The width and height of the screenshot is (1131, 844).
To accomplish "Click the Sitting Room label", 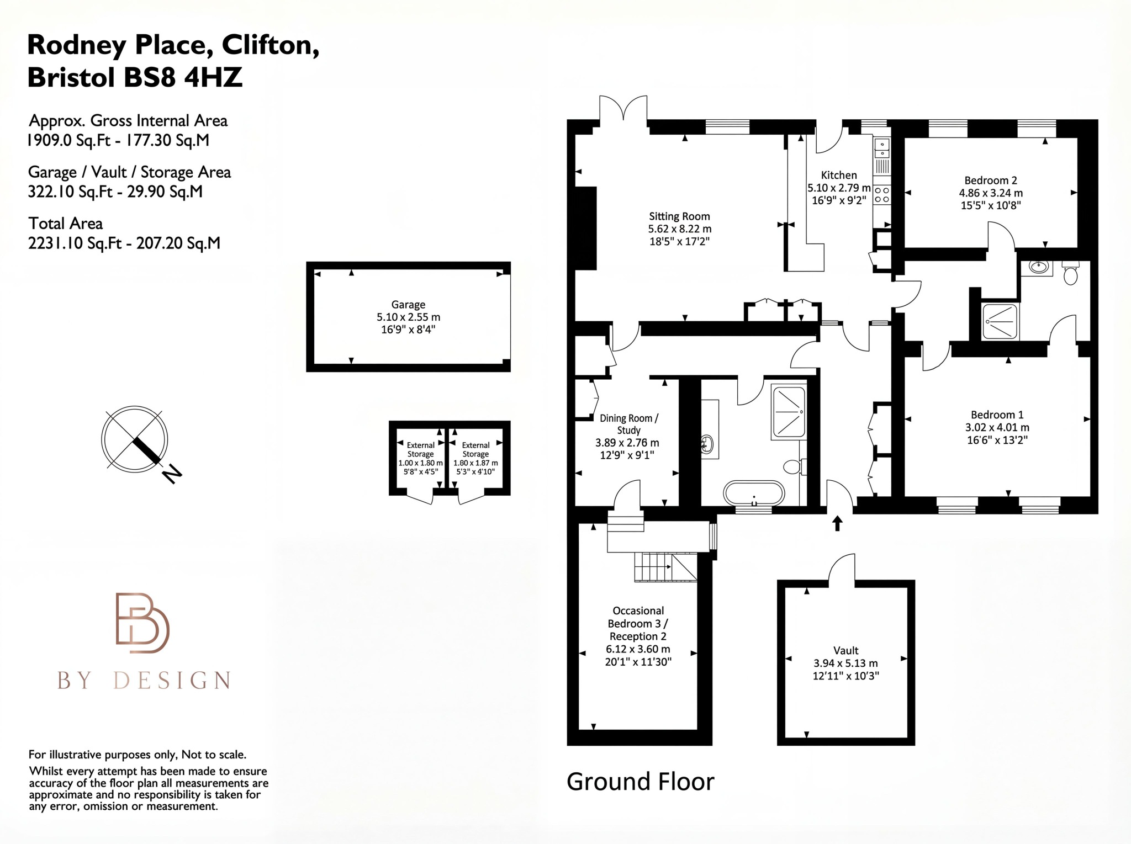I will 679,216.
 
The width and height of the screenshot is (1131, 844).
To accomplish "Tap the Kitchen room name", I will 839,175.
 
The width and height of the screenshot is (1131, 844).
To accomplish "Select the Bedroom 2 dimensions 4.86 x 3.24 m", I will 991,193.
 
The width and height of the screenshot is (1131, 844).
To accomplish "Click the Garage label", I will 408,304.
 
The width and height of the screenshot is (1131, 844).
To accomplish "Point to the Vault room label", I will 845,650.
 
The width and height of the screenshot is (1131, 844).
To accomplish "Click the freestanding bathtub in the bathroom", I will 754,493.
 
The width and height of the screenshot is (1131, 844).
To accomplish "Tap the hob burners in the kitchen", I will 882,194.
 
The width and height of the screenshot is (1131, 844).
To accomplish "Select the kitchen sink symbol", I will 882,147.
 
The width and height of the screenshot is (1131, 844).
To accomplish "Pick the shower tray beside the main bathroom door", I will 789,413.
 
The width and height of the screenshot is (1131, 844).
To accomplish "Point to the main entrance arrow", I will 837,522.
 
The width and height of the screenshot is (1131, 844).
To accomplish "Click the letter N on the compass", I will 173,474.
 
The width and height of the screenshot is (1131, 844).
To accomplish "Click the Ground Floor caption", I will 640,782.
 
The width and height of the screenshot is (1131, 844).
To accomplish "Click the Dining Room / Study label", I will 628,424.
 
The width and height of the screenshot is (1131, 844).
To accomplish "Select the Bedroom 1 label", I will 997,415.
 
